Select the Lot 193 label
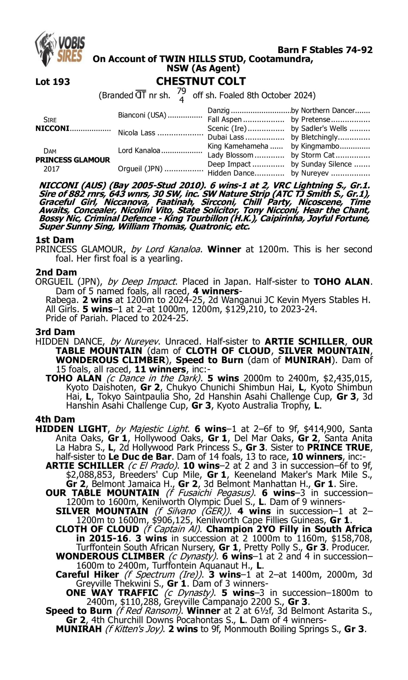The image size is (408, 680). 52,82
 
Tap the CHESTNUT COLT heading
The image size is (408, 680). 201,81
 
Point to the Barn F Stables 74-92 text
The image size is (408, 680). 325,50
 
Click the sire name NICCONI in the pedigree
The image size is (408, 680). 52,128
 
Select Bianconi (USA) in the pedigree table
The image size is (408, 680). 142,115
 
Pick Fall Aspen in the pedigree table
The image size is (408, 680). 224,120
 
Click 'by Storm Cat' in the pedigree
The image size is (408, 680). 313,155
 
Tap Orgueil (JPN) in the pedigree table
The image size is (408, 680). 140,168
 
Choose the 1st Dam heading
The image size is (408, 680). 54,240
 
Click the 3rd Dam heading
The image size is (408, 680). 55,332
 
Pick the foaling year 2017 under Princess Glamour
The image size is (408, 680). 51,169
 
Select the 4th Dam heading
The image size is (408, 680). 55,419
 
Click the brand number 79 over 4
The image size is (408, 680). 181,95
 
